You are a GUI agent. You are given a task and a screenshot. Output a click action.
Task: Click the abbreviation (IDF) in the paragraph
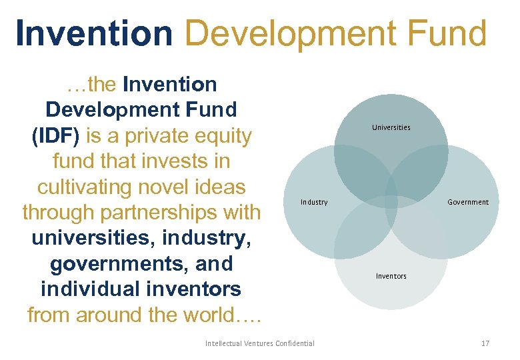coord(56,136)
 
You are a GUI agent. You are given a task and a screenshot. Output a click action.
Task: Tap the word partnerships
coord(159,213)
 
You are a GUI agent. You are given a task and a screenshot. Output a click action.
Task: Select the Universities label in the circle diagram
coord(391,127)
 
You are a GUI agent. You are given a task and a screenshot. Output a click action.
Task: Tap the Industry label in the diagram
coord(314,202)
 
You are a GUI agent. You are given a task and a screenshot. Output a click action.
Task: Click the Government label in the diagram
coord(468,202)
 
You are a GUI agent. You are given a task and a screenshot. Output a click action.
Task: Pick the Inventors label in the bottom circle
coord(391,276)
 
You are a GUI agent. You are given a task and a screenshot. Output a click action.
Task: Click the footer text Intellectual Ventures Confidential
coord(260,343)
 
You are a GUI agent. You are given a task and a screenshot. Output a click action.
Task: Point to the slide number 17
coord(485,343)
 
